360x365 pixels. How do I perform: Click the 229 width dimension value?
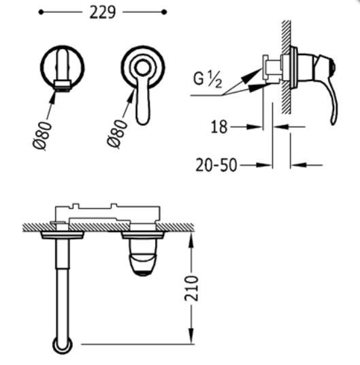(102, 13)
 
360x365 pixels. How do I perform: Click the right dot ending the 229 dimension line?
(164, 12)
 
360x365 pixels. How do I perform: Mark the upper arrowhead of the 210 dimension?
(192, 235)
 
